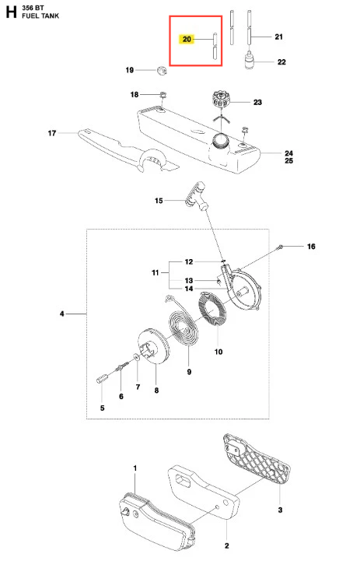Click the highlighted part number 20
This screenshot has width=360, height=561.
(x=187, y=39)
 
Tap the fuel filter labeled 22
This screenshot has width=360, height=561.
(x=250, y=61)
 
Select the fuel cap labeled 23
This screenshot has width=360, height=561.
(x=220, y=99)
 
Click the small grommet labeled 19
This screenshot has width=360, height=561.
(x=162, y=70)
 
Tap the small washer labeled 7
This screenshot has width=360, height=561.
(x=137, y=357)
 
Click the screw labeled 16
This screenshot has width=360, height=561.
(x=281, y=247)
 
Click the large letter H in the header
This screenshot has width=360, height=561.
(x=12, y=12)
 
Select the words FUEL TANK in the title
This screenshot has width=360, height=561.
(x=40, y=16)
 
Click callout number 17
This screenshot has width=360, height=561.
(x=52, y=133)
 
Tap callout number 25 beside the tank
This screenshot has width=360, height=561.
(x=289, y=160)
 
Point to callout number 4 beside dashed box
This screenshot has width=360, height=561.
(x=62, y=314)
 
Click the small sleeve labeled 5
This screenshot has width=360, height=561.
(x=102, y=378)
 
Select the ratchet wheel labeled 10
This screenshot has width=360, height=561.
(x=212, y=309)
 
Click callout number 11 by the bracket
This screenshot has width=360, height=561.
(x=156, y=272)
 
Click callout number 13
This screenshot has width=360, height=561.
(x=189, y=280)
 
